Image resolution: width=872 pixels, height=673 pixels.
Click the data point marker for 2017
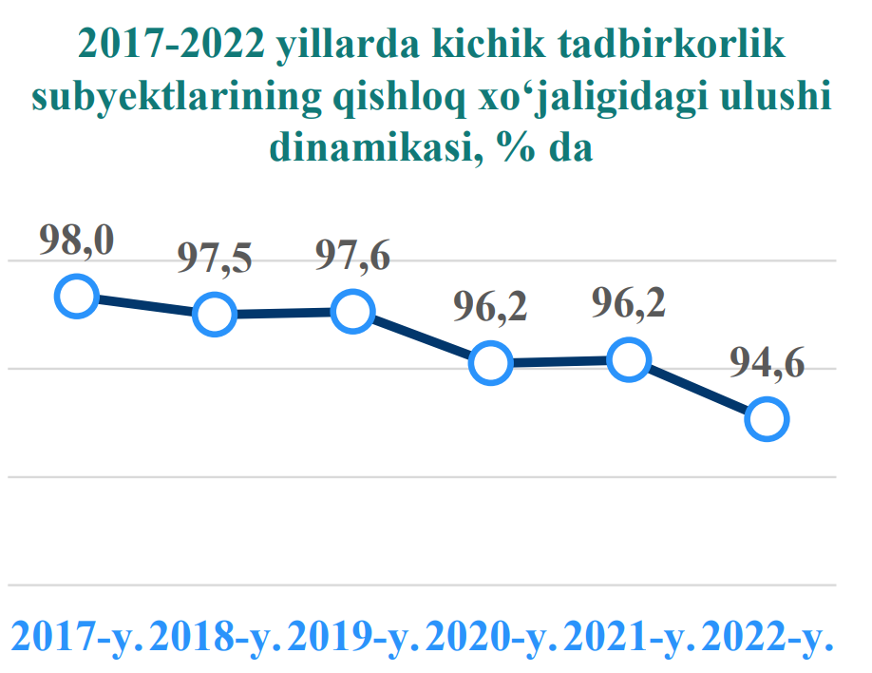[x=76, y=297]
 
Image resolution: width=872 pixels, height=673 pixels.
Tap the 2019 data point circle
[x=352, y=312]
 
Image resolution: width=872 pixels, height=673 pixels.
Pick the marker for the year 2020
[x=490, y=363]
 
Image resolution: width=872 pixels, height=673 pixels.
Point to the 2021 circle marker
[x=628, y=361]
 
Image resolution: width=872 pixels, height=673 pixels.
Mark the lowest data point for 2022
[x=767, y=418]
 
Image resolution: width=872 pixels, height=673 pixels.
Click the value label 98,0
[x=76, y=242]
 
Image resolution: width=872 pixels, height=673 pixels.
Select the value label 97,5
[x=215, y=260]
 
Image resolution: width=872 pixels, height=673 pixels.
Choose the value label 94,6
[x=767, y=364]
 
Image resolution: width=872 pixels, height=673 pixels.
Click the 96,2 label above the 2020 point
[x=490, y=309]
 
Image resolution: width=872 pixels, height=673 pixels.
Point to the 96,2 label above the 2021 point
[x=628, y=306]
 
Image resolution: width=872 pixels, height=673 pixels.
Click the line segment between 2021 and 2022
[x=697, y=390]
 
